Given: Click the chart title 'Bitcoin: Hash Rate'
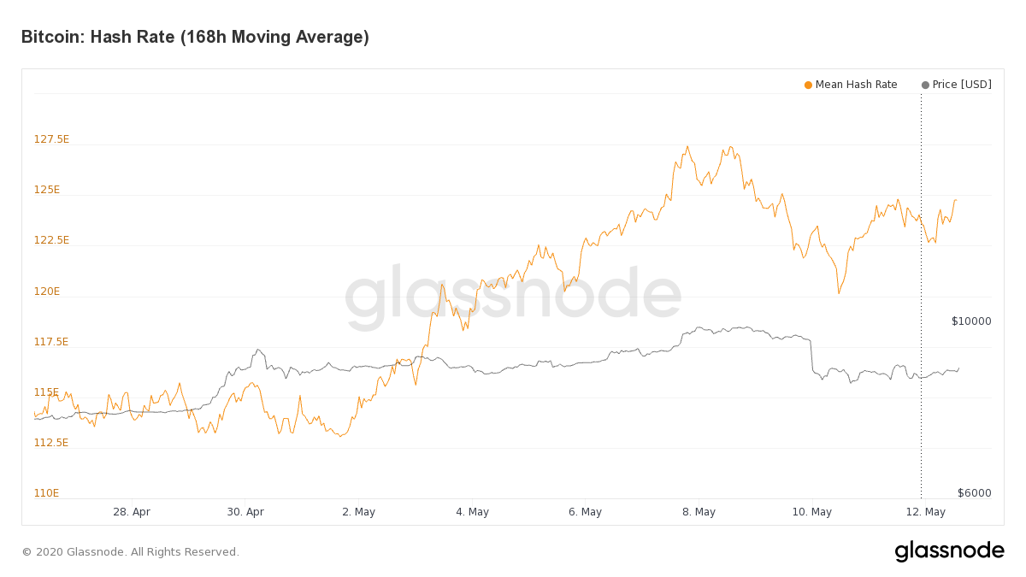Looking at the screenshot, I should click(x=195, y=38).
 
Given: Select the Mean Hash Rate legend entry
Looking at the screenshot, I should click(x=856, y=85).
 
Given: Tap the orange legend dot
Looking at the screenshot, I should click(x=808, y=85).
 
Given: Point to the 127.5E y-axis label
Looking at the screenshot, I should click(x=51, y=139).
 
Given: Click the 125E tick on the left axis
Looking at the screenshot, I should click(x=47, y=190).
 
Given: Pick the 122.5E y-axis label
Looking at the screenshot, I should click(x=51, y=240).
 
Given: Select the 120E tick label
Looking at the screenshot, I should click(x=47, y=291).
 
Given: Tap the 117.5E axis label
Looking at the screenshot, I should click(x=51, y=342).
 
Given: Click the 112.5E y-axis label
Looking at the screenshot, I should click(x=51, y=443).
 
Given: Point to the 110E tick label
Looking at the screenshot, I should click(x=47, y=493).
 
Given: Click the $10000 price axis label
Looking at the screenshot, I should click(x=971, y=321).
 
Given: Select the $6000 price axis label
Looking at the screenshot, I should click(x=974, y=493).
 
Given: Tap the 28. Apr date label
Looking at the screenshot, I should click(x=132, y=512).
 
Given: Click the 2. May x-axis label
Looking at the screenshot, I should click(x=358, y=512).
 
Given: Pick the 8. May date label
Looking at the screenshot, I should click(x=699, y=512).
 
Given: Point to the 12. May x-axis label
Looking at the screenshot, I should click(x=925, y=512).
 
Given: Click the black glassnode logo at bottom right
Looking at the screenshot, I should click(x=949, y=551).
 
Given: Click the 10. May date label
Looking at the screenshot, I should click(x=811, y=512).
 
